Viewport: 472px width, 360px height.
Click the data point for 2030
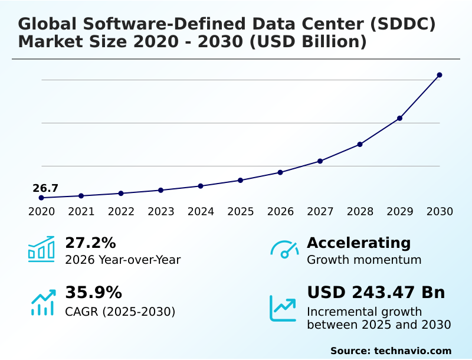point(440,75)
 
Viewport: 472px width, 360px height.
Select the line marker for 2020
point(41,198)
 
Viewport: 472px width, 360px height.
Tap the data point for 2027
point(320,161)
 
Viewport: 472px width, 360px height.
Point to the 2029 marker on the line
point(399,118)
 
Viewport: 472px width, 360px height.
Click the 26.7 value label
point(45,188)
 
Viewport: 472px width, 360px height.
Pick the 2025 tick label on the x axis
point(241,211)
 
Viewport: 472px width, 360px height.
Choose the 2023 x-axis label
point(161,211)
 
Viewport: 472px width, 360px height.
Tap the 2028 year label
point(360,211)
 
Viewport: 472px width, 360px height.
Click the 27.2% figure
point(90,243)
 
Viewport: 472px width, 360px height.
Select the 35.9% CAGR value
point(93,293)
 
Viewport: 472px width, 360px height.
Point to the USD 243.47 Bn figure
point(376,293)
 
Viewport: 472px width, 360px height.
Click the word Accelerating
point(359,243)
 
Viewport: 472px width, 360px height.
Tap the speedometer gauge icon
point(284,250)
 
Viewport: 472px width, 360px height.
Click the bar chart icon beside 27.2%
point(41,249)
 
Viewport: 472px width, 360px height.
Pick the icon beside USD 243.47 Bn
point(283,307)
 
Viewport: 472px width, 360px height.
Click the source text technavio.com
point(412,351)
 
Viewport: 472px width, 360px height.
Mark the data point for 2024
point(201,186)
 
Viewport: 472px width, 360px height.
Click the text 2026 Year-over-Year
point(123,260)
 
